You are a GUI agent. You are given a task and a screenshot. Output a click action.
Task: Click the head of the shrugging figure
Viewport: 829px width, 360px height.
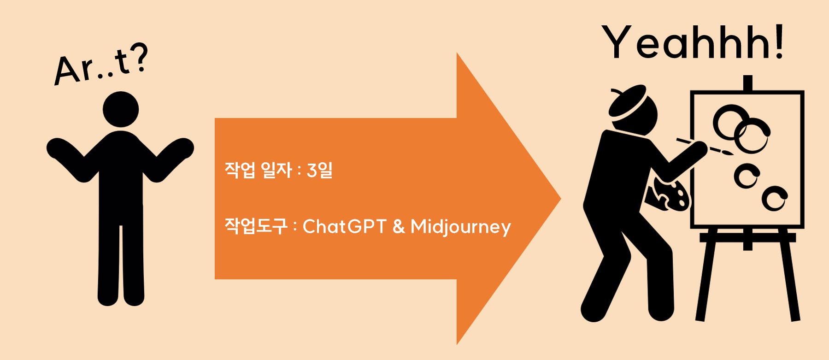(x=121, y=109)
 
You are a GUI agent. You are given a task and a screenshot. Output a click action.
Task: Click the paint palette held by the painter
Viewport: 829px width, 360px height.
(x=668, y=194)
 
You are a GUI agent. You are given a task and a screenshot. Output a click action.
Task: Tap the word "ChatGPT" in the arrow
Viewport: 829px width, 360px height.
(x=344, y=226)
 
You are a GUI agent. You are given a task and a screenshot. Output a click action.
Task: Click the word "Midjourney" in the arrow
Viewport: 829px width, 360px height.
(x=460, y=227)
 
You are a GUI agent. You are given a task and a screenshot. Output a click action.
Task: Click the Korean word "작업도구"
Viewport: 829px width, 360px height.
(x=256, y=226)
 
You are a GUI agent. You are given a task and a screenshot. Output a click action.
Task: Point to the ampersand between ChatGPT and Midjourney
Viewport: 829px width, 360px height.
(x=399, y=226)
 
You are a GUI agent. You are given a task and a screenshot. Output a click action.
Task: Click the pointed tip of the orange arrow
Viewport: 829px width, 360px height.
(x=560, y=199)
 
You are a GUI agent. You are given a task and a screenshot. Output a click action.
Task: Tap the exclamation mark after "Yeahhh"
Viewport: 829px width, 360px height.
(x=779, y=42)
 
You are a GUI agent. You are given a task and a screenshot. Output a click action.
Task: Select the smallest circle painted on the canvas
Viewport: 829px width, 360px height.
(x=775, y=199)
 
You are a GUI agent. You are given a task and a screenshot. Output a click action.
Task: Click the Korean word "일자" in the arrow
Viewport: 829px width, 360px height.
(x=276, y=170)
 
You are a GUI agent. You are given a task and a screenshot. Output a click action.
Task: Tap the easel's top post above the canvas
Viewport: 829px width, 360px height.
(x=748, y=83)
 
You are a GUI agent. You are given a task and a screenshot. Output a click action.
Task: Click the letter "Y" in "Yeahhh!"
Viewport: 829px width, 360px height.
(x=617, y=42)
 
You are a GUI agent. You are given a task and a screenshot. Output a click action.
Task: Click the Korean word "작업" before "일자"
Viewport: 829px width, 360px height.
(x=240, y=170)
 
